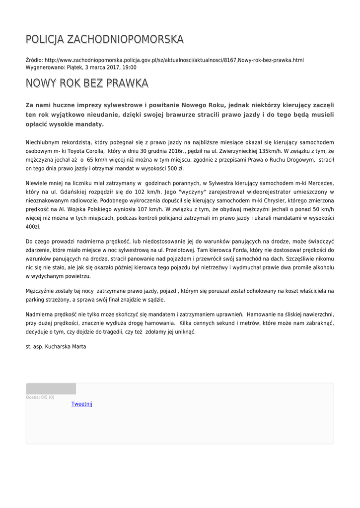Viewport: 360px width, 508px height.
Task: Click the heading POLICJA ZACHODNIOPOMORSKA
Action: pyautogui.click(x=104, y=39)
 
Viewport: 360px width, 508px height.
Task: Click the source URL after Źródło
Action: pyautogui.click(x=174, y=60)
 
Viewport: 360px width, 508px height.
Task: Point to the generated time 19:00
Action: pyautogui.click(x=130, y=67)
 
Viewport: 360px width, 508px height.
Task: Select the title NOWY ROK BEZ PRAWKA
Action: pyautogui.click(x=87, y=83)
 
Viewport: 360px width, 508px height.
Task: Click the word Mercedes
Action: pyautogui.click(x=321, y=183)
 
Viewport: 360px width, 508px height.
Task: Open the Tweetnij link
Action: pyautogui.click(x=82, y=404)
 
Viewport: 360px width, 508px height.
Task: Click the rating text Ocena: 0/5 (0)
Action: pyautogui.click(x=40, y=397)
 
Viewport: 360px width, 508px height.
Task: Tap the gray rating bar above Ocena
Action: pyautogui.click(x=51, y=389)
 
